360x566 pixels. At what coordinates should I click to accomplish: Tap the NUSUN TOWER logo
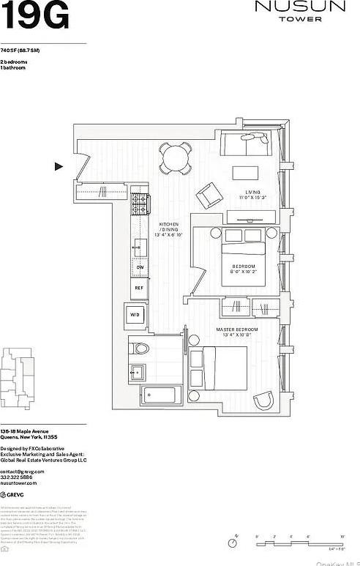click(x=299, y=11)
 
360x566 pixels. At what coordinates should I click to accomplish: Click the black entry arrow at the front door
click(x=59, y=166)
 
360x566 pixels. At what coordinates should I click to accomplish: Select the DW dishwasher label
click(x=139, y=267)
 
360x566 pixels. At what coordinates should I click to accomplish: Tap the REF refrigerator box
click(x=139, y=288)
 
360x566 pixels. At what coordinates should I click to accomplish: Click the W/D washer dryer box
click(x=135, y=316)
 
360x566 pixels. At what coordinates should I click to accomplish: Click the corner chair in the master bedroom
click(x=263, y=401)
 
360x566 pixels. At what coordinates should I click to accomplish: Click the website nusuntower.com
click(x=18, y=483)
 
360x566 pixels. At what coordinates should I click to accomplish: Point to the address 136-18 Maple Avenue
click(x=26, y=431)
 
